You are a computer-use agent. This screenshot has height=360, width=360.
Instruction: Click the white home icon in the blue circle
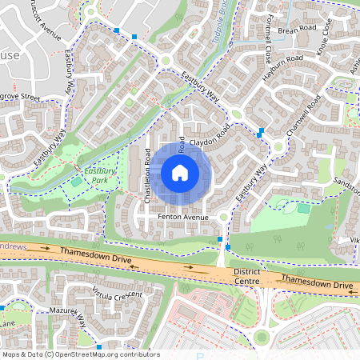[180, 172]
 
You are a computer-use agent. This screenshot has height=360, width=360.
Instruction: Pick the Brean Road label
[294, 30]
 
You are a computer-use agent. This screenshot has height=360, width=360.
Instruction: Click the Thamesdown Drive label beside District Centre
[316, 283]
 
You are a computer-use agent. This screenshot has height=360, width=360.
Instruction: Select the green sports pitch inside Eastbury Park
[76, 182]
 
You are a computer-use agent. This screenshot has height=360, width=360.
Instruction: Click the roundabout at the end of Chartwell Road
[279, 146]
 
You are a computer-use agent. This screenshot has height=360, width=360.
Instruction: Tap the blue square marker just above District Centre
[220, 238]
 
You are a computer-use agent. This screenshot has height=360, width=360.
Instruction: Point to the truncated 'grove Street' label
[19, 98]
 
